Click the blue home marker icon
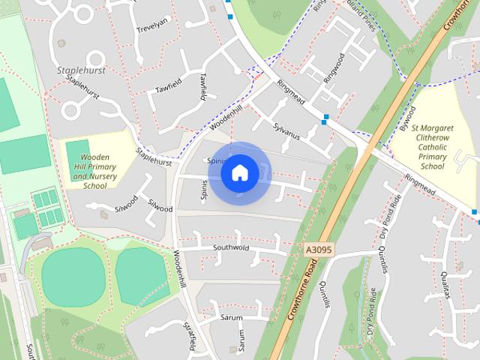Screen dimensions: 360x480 (239, 173)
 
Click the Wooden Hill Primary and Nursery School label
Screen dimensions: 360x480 (95, 171)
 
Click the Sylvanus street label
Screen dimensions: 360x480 (286, 133)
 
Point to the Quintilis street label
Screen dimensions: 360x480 (324, 292)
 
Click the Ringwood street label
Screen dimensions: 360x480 (333, 68)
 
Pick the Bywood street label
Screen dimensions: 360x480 (407, 118)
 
